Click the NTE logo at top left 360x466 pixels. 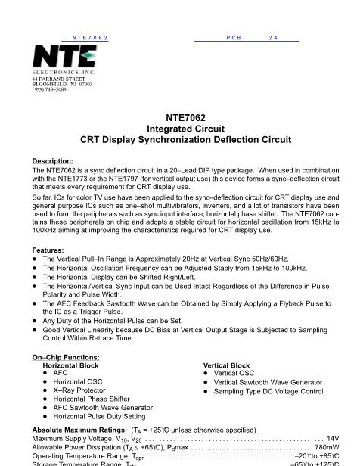[x=64, y=57]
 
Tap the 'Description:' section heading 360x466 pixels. [x=52, y=161]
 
